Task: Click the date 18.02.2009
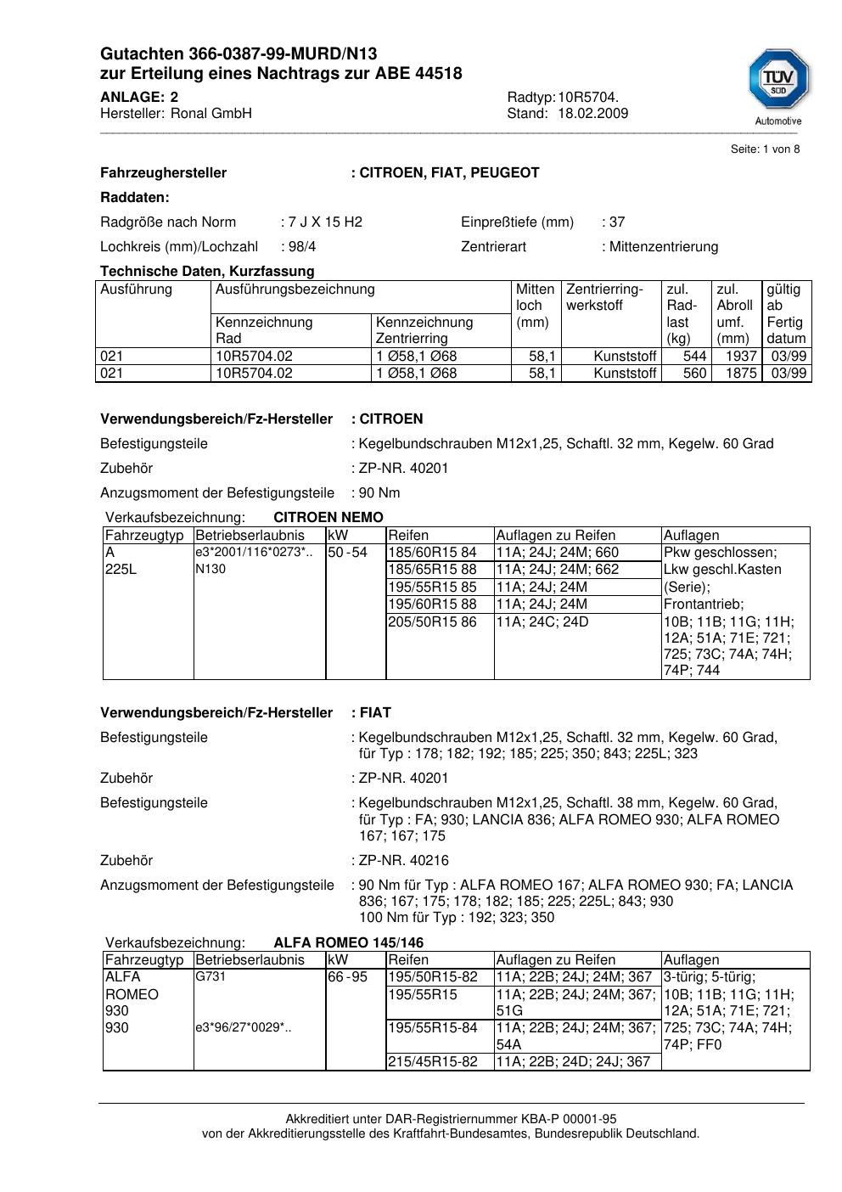tap(592, 114)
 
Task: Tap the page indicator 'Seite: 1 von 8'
tap(765, 149)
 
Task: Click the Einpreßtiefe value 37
tap(617, 222)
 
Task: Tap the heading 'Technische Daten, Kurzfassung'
tap(207, 272)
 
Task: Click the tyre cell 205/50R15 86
tap(432, 622)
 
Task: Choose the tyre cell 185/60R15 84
tap(432, 553)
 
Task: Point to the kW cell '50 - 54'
tap(347, 553)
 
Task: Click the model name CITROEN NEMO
tap(328, 518)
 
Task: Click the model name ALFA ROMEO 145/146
tap(348, 943)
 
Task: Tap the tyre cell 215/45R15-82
tap(433, 1062)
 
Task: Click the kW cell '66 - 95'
tap(347, 977)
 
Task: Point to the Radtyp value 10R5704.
tap(588, 98)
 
